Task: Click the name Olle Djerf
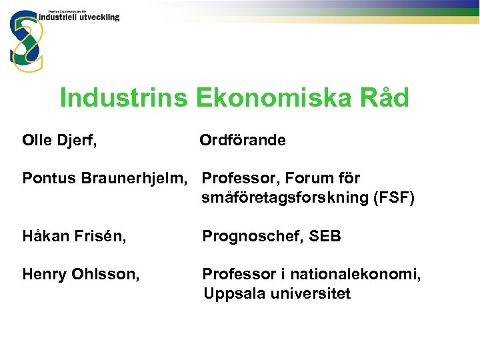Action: tap(59, 141)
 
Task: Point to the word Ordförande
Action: tap(243, 141)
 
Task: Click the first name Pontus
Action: tap(49, 179)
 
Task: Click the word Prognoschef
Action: tap(251, 237)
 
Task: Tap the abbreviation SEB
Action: tap(325, 237)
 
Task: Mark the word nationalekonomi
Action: tap(359, 274)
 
